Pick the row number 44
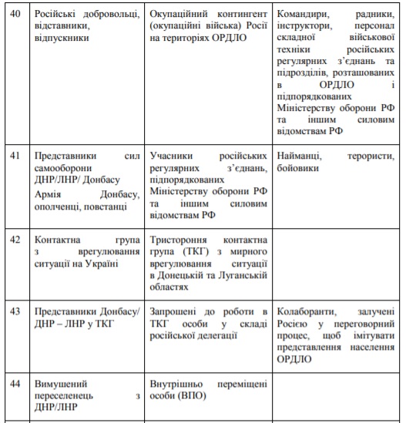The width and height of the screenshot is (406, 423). point(15,383)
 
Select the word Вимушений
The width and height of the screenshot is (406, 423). point(61,383)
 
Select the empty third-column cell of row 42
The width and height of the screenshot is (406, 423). point(336,262)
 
